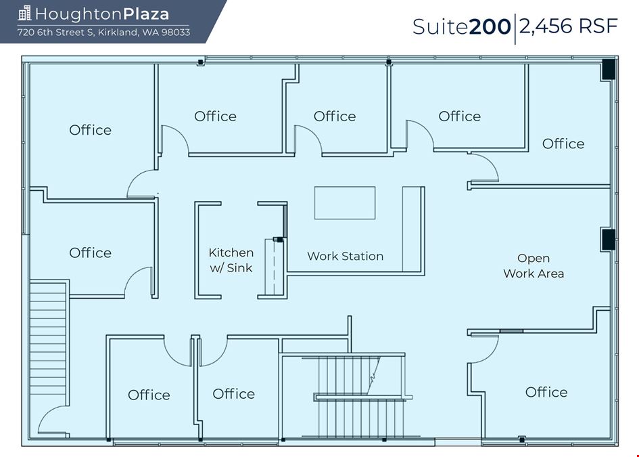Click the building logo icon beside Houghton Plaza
[24, 13]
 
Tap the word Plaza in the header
[146, 14]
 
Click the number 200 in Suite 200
[490, 26]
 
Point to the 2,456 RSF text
[569, 26]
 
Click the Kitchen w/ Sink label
[231, 260]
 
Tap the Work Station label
[345, 256]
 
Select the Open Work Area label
[534, 265]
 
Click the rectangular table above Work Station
[345, 203]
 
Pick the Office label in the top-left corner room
[90, 130]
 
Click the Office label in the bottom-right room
[546, 392]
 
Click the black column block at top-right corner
[609, 69]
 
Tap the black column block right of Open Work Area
[609, 240]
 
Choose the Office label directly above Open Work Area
[563, 144]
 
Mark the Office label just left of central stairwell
[233, 394]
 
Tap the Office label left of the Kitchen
[90, 253]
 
